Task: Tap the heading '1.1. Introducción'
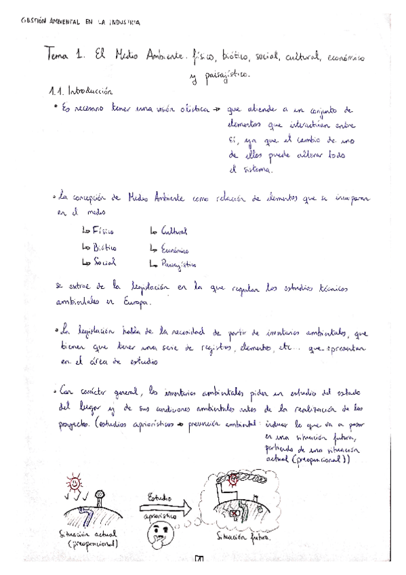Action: click(81, 90)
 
